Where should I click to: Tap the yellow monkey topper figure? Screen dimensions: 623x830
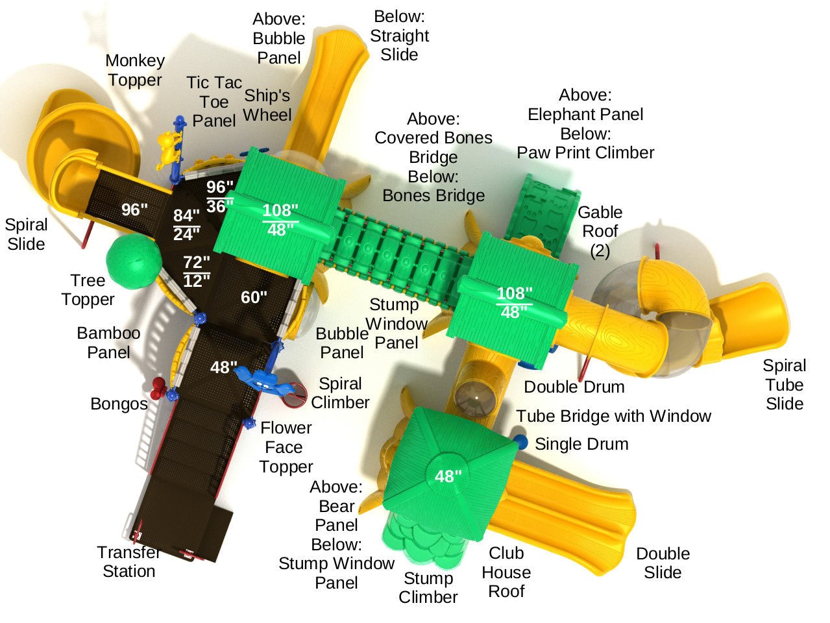pyautogui.click(x=168, y=148)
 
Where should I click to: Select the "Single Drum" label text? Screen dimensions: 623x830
pyautogui.click(x=581, y=445)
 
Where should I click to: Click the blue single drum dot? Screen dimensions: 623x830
pyautogui.click(x=520, y=443)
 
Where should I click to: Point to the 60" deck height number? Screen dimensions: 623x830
pyautogui.click(x=254, y=297)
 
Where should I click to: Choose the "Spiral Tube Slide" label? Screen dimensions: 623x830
pyautogui.click(x=784, y=384)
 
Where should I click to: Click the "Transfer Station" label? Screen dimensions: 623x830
pyautogui.click(x=128, y=562)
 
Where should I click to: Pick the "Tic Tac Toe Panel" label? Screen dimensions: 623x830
pyautogui.click(x=214, y=102)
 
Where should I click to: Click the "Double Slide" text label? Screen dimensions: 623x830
pyautogui.click(x=663, y=563)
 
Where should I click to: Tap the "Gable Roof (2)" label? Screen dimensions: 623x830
pyautogui.click(x=600, y=231)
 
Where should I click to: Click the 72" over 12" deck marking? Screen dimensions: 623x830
pyautogui.click(x=196, y=272)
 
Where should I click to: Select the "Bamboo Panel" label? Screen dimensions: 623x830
pyautogui.click(x=108, y=343)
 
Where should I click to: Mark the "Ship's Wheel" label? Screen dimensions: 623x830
pyautogui.click(x=267, y=105)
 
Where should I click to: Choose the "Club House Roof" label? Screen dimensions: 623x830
pyautogui.click(x=506, y=572)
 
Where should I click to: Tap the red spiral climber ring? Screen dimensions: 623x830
pyautogui.click(x=297, y=396)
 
